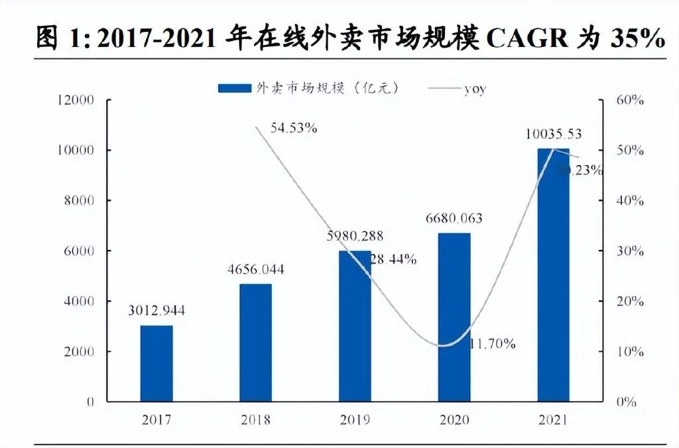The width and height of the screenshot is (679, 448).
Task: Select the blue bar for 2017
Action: click(156, 363)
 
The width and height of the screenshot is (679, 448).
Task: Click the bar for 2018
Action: click(255, 343)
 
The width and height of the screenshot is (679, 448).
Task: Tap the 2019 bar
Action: click(355, 326)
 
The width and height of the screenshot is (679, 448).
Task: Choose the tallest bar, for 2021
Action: click(554, 275)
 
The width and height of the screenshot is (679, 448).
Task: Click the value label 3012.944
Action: click(156, 310)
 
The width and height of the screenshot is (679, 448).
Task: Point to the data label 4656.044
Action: click(256, 269)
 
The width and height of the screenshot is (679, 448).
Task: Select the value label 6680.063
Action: click(455, 218)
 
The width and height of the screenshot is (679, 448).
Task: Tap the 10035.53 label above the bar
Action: click(552, 134)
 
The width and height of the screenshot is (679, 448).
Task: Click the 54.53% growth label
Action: click(294, 128)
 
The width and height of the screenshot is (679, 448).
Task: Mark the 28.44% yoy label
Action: click(393, 260)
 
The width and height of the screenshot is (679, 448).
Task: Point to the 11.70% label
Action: click(493, 344)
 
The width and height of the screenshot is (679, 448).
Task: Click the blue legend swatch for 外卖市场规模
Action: click(235, 88)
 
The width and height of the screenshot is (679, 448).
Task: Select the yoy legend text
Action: click(474, 89)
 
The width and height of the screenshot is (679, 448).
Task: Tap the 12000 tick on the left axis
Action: click(77, 100)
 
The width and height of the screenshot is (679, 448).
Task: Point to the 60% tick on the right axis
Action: click(629, 100)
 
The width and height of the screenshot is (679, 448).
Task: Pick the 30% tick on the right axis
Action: click(629, 251)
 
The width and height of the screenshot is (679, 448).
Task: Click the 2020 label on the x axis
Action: click(454, 420)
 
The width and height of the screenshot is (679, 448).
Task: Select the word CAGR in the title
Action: click(527, 38)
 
